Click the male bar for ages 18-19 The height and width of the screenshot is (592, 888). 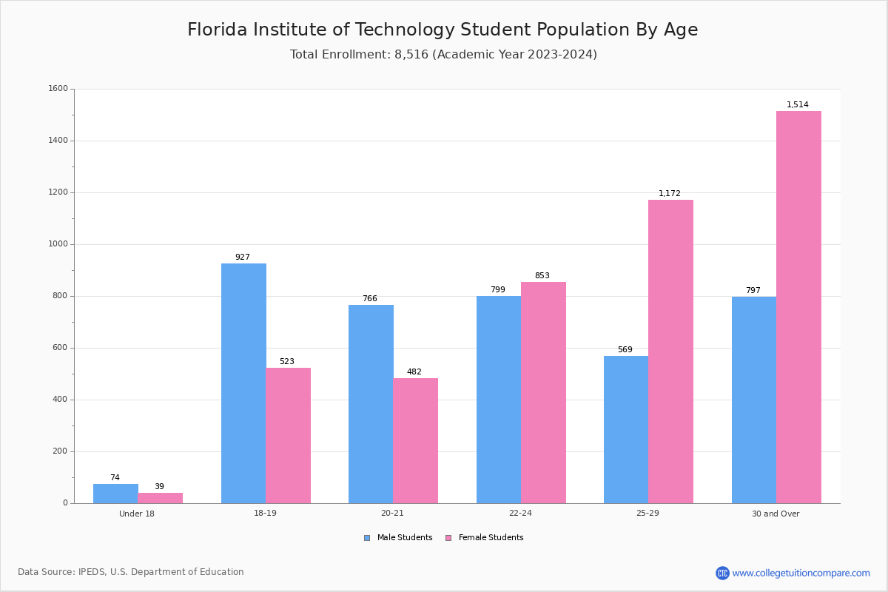[x=243, y=383]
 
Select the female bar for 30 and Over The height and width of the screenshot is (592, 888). [x=798, y=307]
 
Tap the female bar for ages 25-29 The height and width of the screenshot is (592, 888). [x=670, y=351]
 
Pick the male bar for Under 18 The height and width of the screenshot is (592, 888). [x=115, y=494]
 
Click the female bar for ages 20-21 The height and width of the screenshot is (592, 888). [x=415, y=440]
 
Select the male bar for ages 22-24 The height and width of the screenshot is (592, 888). [x=499, y=400]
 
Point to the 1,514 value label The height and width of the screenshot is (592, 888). [x=798, y=105]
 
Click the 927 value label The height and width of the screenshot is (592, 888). [x=243, y=258]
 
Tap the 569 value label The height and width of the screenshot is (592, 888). [x=625, y=350]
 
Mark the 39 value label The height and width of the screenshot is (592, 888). [x=159, y=487]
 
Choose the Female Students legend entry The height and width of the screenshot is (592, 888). [x=485, y=538]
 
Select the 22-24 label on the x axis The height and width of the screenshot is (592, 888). [x=520, y=514]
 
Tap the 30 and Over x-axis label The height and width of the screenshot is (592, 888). [x=776, y=514]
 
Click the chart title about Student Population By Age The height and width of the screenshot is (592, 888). [x=443, y=30]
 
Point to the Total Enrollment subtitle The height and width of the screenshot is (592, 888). [x=443, y=55]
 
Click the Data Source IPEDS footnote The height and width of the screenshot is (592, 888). [x=131, y=572]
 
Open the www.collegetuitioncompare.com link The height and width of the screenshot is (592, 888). [x=801, y=573]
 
